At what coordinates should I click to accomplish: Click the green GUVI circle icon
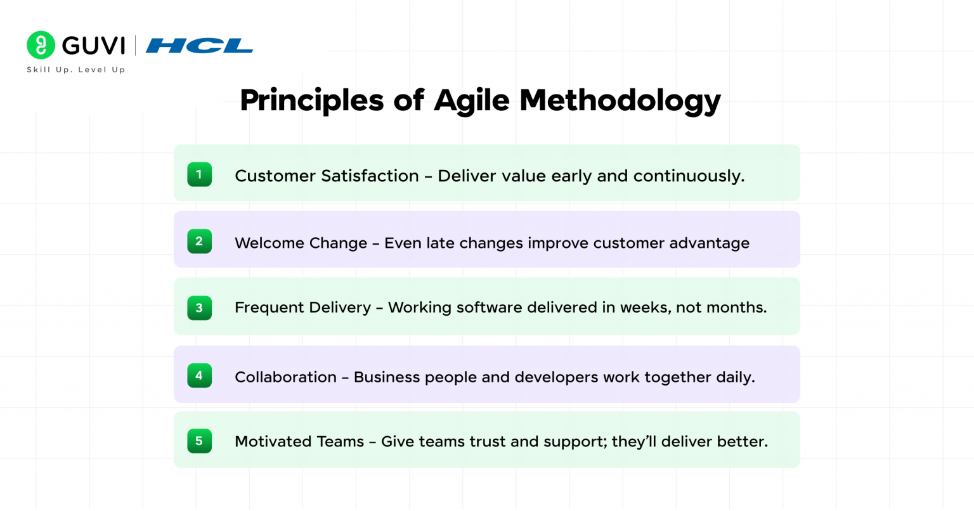click(41, 46)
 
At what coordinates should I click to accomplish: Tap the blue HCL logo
click(199, 46)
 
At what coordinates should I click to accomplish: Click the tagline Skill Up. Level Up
click(76, 70)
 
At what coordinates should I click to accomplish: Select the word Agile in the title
click(471, 100)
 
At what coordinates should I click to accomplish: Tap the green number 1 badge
click(199, 174)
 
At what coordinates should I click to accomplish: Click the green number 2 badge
click(199, 241)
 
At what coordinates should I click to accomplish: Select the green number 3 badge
click(199, 307)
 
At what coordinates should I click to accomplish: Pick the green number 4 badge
click(199, 375)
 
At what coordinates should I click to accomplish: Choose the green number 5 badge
click(199, 441)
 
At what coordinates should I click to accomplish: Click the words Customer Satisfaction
click(327, 176)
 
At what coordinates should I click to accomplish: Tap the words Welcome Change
click(301, 243)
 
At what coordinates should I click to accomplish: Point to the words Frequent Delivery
click(302, 307)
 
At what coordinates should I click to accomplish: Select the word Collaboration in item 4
click(285, 377)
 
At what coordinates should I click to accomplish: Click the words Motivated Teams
click(299, 441)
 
